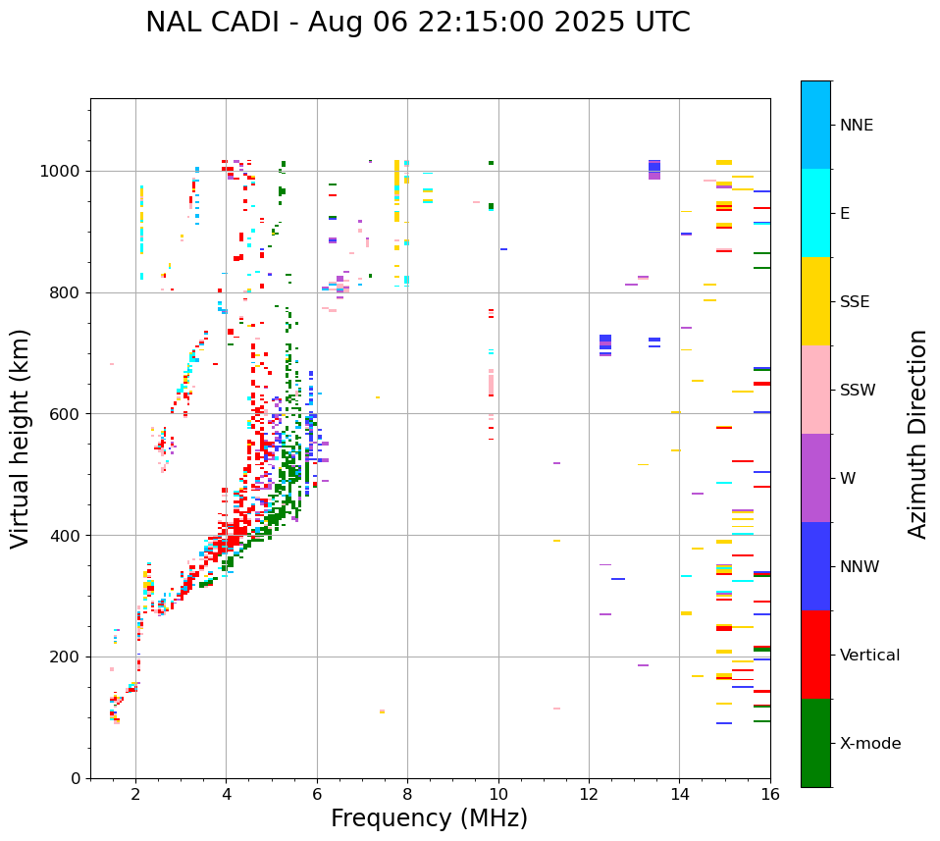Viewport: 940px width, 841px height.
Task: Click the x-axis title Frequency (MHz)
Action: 429,818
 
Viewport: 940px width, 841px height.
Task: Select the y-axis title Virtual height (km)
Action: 21,438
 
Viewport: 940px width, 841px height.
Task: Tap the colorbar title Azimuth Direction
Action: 917,434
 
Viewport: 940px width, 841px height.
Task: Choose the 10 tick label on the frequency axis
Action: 498,794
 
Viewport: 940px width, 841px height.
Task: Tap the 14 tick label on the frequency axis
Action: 680,794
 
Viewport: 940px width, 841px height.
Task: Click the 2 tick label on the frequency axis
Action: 135,794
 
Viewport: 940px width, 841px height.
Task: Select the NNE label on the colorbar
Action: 856,126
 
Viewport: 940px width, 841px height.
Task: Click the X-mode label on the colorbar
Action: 869,744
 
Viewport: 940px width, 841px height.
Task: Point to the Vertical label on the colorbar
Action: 869,656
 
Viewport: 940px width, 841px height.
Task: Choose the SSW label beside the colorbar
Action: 858,391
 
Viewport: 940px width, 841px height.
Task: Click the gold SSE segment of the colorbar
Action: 815,301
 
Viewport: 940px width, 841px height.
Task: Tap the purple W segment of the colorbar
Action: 815,478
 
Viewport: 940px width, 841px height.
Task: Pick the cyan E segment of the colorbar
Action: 815,213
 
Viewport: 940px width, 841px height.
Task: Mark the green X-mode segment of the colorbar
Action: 815,743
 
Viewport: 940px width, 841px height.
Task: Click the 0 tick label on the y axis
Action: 77,778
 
